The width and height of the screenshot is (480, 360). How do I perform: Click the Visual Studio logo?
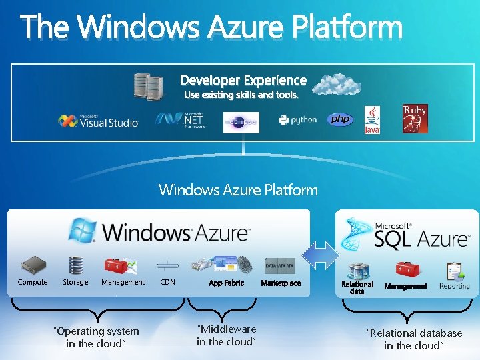tap(98, 121)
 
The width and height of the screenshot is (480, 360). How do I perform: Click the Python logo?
tap(297, 120)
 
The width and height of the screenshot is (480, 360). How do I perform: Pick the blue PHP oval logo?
tap(340, 119)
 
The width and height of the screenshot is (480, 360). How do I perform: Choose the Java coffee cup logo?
tap(372, 120)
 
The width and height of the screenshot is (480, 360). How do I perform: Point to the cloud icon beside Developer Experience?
tap(337, 85)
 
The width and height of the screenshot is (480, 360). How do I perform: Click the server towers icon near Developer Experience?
tap(149, 86)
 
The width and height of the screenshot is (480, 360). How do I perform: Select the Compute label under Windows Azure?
tap(33, 283)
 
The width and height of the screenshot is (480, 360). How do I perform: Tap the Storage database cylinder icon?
tap(75, 265)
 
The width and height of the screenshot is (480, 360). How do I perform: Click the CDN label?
tap(168, 283)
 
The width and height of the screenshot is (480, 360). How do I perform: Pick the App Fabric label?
tap(226, 283)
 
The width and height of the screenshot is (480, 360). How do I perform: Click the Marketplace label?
tap(281, 283)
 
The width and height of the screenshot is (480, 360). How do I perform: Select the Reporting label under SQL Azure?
tap(455, 286)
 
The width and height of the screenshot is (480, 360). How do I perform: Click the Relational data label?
tap(357, 287)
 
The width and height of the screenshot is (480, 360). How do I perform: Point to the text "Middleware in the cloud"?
tap(226, 335)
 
